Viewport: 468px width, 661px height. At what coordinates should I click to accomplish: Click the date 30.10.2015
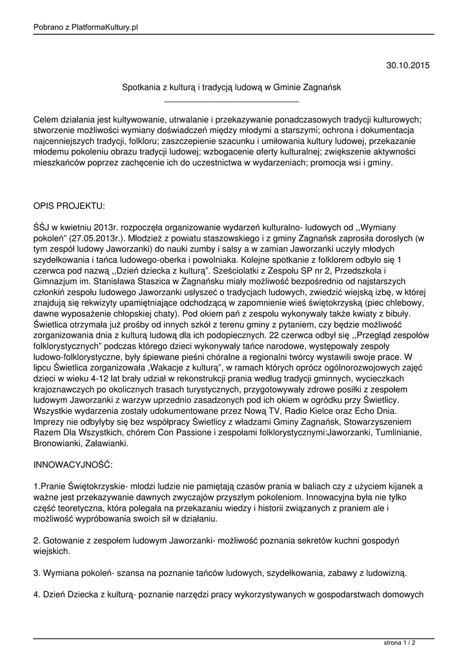click(407, 65)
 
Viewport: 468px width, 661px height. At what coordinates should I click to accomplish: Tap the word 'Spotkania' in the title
click(141, 86)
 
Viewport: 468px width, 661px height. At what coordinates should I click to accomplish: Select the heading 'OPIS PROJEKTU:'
click(69, 205)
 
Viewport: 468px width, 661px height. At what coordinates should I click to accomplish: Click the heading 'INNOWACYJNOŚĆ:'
click(73, 464)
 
